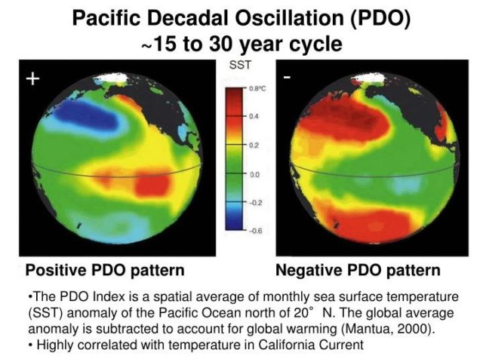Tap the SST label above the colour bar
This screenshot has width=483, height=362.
(x=240, y=66)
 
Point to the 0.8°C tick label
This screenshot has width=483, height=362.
(x=258, y=89)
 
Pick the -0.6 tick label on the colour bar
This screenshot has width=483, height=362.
(x=257, y=231)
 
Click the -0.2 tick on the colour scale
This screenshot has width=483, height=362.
(x=257, y=203)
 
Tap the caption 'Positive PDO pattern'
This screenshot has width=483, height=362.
(x=105, y=270)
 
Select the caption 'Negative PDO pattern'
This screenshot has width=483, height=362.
(x=358, y=270)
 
